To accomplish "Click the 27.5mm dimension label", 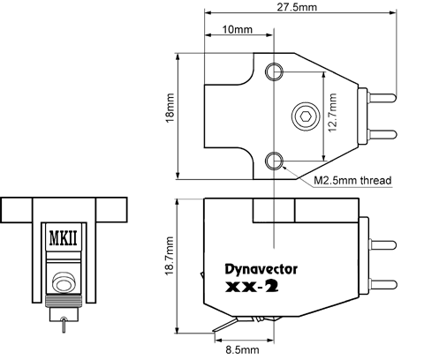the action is (x=297, y=7).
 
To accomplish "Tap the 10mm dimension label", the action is (x=238, y=29).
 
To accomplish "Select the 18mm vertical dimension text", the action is (x=170, y=108).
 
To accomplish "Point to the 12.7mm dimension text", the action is (x=332, y=113).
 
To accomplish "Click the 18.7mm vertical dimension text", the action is (x=170, y=256).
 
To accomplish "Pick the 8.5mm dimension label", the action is (x=243, y=349).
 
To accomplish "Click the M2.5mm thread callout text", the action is (x=352, y=180).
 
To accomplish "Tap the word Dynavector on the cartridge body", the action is (x=261, y=269).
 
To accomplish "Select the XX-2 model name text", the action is (x=252, y=287).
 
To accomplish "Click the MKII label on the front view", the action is (x=64, y=238).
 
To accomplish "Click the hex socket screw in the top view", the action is (x=306, y=116).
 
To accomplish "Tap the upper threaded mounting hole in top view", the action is (x=274, y=71).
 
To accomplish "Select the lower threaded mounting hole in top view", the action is (x=274, y=161).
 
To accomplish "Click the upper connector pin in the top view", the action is (x=382, y=98).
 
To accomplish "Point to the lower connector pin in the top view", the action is (x=382, y=134).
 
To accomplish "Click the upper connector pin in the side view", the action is (x=382, y=244).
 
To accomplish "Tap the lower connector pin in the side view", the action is (x=382, y=284).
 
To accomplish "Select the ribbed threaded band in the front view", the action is (x=64, y=301).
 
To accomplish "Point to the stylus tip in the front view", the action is (x=64, y=331).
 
